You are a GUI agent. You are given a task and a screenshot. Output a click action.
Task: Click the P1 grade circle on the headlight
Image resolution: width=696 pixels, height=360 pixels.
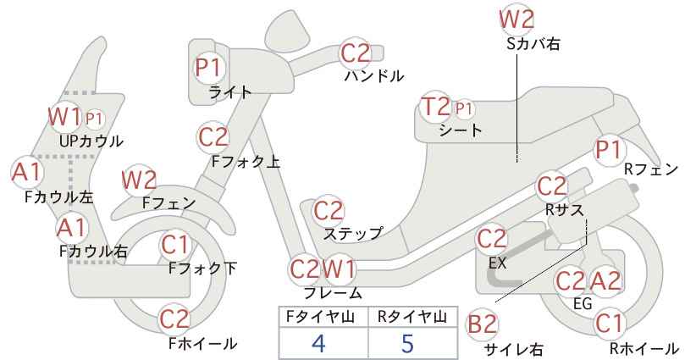click(208, 69)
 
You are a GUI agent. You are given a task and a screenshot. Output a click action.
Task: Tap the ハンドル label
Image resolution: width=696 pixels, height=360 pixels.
click(374, 76)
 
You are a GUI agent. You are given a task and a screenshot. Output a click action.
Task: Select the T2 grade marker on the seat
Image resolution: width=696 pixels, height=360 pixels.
click(436, 107)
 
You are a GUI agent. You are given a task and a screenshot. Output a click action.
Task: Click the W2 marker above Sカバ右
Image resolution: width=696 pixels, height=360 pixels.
click(516, 19)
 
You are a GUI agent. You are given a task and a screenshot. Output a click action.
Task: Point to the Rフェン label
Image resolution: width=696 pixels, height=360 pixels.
click(651, 169)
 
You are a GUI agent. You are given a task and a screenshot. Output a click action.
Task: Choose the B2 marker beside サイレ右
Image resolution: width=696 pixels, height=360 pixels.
click(482, 324)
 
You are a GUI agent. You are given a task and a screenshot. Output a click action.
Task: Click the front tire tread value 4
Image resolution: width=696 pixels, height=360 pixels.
click(318, 343)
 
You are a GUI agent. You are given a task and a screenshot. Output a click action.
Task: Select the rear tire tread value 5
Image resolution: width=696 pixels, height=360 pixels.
click(407, 343)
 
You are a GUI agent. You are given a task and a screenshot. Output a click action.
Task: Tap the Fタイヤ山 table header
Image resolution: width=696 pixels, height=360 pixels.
click(320, 317)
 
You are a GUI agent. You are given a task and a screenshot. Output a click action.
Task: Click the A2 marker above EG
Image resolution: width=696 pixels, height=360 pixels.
click(605, 281)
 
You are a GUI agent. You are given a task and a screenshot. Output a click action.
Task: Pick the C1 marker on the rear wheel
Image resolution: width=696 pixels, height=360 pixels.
click(609, 324)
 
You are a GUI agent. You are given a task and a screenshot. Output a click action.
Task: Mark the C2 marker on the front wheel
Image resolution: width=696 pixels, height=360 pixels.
click(174, 319)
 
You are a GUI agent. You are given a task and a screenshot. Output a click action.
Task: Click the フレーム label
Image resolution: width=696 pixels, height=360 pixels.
click(333, 292)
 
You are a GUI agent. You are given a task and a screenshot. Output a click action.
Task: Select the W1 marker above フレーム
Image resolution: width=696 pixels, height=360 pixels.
click(339, 269)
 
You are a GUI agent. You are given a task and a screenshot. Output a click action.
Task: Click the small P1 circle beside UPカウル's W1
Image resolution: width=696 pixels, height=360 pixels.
click(94, 119)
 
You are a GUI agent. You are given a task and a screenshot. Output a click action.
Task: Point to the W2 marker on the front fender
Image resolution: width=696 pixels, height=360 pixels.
click(139, 180)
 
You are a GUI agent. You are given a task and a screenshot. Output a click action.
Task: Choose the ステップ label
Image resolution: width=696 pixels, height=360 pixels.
click(353, 233)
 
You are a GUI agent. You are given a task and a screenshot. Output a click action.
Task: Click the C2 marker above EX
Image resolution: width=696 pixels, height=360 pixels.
click(491, 240)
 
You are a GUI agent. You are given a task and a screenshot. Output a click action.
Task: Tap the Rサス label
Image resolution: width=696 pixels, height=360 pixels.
click(564, 209)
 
